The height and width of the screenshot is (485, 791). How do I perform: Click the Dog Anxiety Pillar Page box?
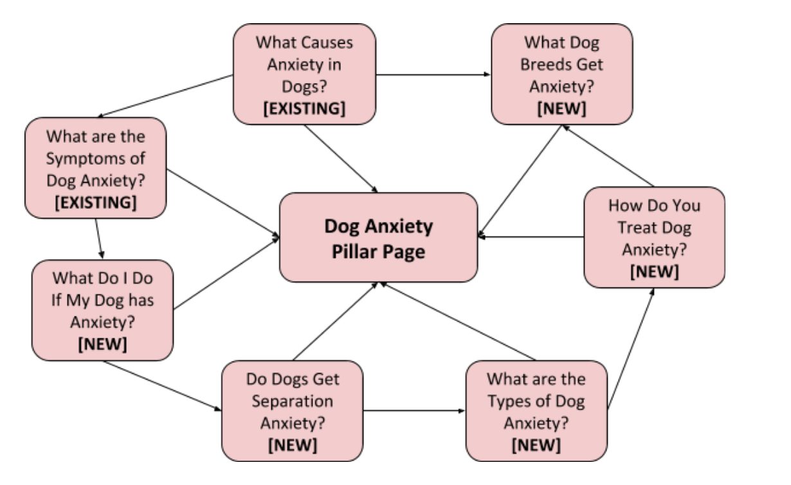(378, 237)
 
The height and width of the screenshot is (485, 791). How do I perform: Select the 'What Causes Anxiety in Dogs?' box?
(304, 74)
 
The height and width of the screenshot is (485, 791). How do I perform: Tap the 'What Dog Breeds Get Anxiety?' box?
(561, 74)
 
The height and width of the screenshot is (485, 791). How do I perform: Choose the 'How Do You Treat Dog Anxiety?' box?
(654, 237)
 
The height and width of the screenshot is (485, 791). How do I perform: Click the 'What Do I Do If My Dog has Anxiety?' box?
(102, 310)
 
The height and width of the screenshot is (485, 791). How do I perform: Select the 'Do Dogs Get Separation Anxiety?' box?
(292, 410)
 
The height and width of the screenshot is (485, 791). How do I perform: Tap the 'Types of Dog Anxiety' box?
(536, 410)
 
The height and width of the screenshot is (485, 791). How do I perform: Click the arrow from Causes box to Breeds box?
(433, 75)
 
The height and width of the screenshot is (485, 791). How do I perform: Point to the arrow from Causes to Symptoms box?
(164, 96)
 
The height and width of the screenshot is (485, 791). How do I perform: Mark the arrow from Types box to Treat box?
(631, 347)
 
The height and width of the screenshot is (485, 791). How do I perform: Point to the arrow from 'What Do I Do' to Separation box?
(161, 385)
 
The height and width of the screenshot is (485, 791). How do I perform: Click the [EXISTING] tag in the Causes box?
(304, 109)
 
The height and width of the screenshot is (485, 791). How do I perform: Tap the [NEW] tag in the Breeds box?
(561, 109)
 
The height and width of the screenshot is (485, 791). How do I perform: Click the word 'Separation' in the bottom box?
(292, 401)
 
